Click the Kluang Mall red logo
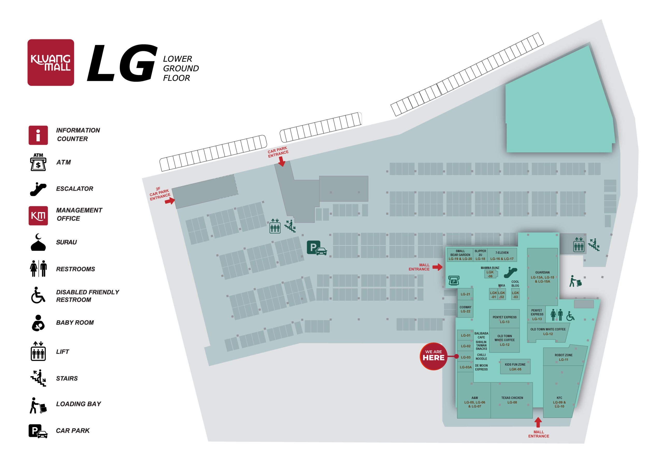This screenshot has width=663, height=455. [51, 62]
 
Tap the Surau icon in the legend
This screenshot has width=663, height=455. [38, 242]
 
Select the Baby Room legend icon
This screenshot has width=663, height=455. [38, 323]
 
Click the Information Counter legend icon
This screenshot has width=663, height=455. [38, 135]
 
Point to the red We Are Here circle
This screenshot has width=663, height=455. [433, 356]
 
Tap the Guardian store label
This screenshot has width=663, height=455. [542, 276]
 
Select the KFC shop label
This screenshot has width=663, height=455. [559, 402]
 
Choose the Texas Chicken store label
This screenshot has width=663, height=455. [512, 400]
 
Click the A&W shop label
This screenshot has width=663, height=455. [474, 402]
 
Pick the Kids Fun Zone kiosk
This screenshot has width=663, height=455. [515, 366]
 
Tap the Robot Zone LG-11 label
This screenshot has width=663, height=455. [564, 357]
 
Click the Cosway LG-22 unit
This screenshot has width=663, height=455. [465, 309]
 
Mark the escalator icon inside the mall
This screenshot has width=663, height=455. [510, 272]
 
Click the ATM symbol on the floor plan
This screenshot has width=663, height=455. [453, 280]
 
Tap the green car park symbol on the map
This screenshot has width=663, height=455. [317, 248]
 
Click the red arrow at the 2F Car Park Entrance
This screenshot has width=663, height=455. [170, 201]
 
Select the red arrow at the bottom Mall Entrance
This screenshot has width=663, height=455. [538, 422]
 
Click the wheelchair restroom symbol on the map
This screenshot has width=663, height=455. [570, 316]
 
